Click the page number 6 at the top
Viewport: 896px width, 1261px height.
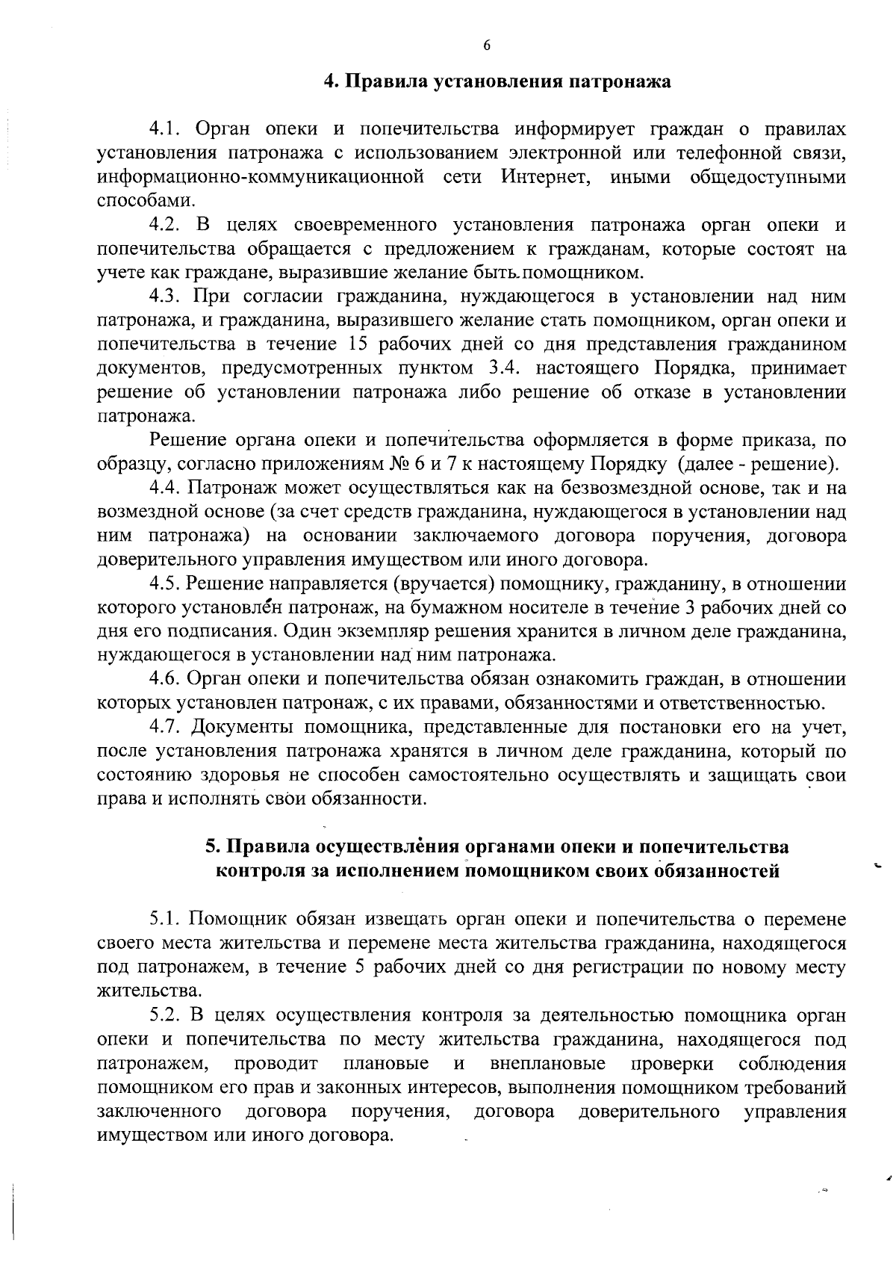pos(486,46)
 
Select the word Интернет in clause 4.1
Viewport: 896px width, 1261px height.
pos(544,177)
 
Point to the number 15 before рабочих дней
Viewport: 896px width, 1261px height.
pos(361,344)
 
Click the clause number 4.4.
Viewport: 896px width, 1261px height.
pos(165,488)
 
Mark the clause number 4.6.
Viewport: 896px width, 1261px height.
pos(165,679)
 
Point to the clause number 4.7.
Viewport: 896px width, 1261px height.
pos(165,727)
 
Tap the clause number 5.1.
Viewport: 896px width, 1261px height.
pos(165,918)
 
